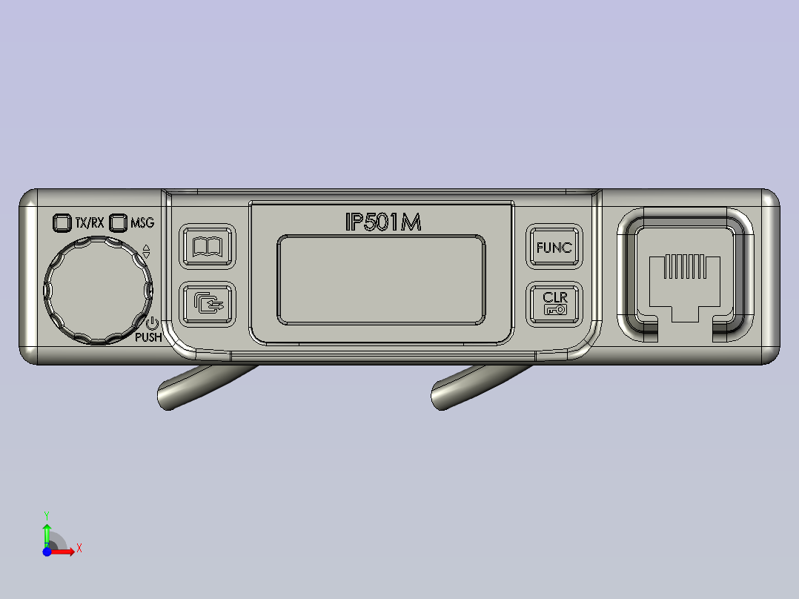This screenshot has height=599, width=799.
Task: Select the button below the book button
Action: point(208,303)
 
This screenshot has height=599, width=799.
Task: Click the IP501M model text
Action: point(383,222)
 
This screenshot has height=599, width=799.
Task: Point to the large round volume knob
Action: point(98,290)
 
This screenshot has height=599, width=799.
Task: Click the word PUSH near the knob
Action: point(148,337)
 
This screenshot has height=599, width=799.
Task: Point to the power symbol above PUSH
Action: point(151,323)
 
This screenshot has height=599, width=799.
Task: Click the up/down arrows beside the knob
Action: point(146,251)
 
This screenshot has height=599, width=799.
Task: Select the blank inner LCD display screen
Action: point(381,279)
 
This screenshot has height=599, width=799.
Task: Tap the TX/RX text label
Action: point(90,222)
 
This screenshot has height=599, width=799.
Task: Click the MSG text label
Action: point(142,222)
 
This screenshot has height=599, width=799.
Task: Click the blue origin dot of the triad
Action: point(47,552)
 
